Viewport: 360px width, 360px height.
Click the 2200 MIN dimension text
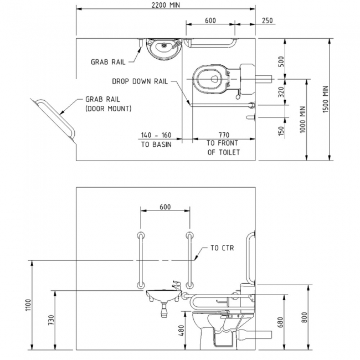(x=166, y=4)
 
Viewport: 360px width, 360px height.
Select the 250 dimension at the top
(x=267, y=20)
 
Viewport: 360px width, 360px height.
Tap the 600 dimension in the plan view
(x=210, y=20)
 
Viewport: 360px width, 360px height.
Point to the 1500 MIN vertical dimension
(x=326, y=99)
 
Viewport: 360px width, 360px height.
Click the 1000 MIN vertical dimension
(x=302, y=119)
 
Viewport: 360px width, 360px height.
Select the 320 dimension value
(x=281, y=92)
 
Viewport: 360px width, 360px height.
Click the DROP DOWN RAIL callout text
(x=140, y=81)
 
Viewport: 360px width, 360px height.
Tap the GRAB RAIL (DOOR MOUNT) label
(x=108, y=104)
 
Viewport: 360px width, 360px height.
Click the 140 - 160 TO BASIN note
(x=156, y=139)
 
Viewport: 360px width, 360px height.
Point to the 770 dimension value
(x=224, y=135)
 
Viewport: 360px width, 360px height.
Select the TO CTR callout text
(x=222, y=248)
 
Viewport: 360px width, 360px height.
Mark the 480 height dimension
(x=181, y=331)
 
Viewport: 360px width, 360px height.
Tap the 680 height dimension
(x=281, y=322)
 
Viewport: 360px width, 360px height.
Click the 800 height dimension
(x=304, y=318)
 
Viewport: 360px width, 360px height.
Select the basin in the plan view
(x=163, y=49)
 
